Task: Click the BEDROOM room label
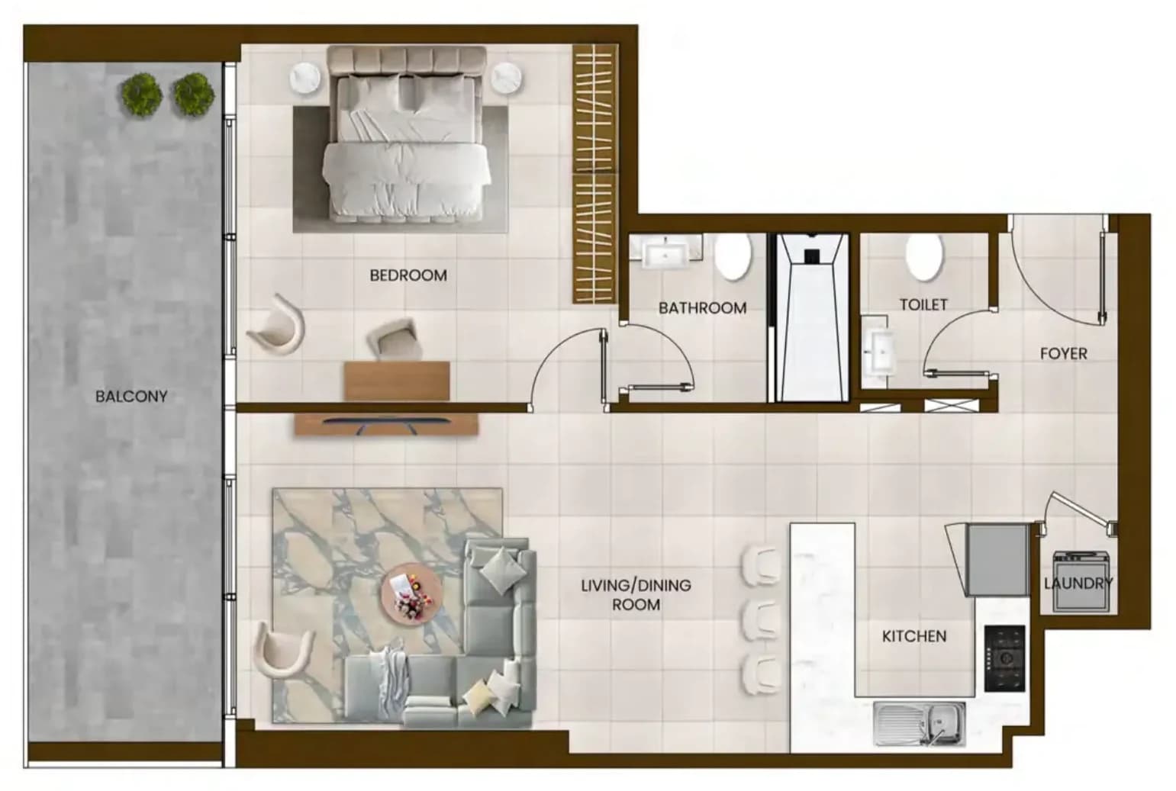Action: click(x=408, y=275)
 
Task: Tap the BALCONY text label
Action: click(x=131, y=397)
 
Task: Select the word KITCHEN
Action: click(x=914, y=637)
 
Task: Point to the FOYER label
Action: click(x=1064, y=354)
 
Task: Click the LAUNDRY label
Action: click(x=1078, y=584)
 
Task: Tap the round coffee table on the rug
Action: click(x=411, y=593)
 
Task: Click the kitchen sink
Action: click(x=920, y=724)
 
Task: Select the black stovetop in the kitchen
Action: click(x=1005, y=658)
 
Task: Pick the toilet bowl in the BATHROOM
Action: click(x=733, y=256)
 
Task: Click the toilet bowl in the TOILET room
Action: click(x=924, y=256)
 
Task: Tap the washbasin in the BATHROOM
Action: click(x=665, y=252)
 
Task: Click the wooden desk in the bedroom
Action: click(x=397, y=381)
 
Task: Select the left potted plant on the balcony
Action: click(x=142, y=95)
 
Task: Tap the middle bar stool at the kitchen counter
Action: click(x=760, y=620)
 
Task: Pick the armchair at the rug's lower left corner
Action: click(x=283, y=650)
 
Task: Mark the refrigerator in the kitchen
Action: click(x=997, y=560)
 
